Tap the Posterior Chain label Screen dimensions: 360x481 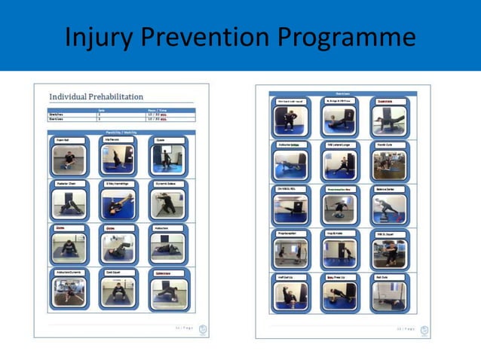click(x=67, y=183)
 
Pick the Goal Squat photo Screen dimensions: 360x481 click(x=118, y=291)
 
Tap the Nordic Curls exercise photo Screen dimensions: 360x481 click(x=388, y=165)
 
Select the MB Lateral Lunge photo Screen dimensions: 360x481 click(x=339, y=165)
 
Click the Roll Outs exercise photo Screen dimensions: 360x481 click(x=388, y=296)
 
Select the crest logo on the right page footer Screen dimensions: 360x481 click(x=424, y=330)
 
